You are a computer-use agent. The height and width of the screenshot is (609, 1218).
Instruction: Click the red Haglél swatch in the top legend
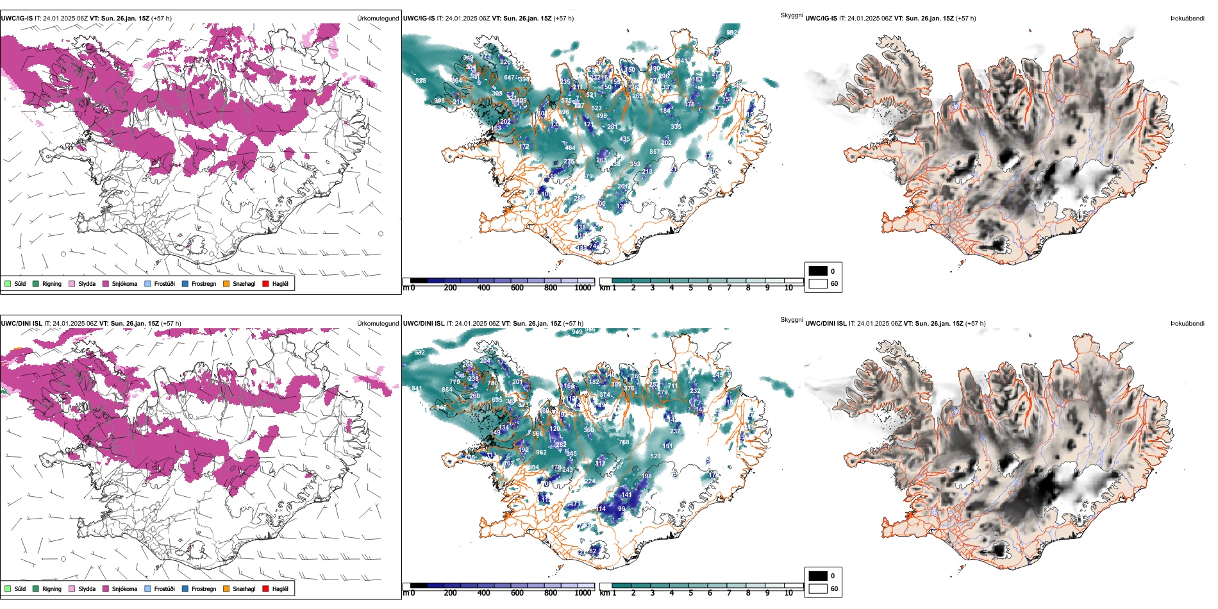(265, 283)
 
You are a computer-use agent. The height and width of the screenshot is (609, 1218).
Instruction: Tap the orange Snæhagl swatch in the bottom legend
(226, 588)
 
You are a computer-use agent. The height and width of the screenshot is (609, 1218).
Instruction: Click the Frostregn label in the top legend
(204, 283)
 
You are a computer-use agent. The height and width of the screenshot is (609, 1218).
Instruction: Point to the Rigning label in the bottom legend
(52, 588)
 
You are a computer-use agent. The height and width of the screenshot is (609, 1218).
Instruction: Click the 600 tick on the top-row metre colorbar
(517, 288)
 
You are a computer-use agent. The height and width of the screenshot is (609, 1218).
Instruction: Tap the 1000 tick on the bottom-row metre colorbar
(583, 593)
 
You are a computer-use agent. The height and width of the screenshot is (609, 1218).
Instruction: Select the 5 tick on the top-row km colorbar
(691, 288)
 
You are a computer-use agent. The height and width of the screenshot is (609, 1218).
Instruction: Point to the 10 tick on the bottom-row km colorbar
(788, 593)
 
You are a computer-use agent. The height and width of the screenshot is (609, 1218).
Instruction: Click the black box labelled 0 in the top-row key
(818, 271)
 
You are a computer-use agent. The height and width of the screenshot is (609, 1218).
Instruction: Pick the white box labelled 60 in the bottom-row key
(818, 588)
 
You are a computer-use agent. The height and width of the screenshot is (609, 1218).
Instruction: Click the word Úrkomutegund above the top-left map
(378, 19)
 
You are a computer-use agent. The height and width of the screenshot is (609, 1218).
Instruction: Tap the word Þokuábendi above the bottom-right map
(1187, 324)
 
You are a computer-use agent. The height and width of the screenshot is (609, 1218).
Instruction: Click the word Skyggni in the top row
(791, 15)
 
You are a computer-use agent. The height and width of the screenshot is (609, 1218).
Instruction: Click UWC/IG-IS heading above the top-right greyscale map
(821, 19)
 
